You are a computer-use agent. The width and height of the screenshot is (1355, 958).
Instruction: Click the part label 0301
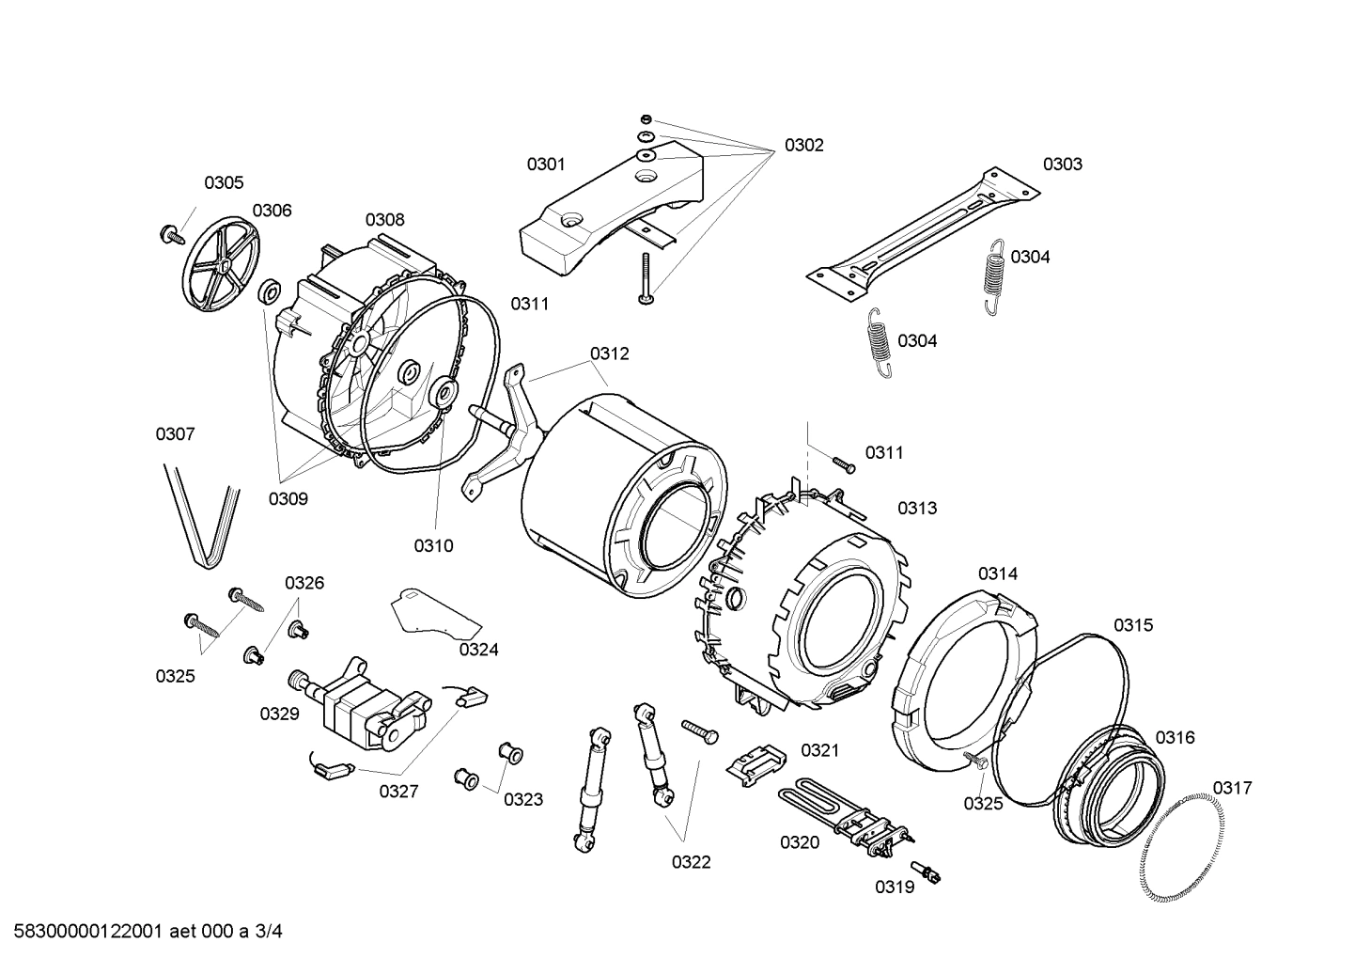click(x=545, y=165)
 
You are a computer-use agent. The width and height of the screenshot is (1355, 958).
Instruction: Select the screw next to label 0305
click(x=171, y=234)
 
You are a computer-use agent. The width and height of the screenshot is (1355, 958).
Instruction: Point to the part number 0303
click(x=1062, y=165)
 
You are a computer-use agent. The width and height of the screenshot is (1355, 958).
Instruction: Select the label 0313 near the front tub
click(x=916, y=509)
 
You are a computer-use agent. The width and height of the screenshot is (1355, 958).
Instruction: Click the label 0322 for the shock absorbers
click(x=691, y=861)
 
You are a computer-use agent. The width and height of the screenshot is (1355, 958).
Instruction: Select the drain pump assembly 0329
click(x=362, y=705)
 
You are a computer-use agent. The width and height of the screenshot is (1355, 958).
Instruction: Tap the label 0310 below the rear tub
click(x=433, y=545)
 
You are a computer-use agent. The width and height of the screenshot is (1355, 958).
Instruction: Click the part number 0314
click(x=997, y=573)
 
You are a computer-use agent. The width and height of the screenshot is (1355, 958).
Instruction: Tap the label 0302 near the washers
click(x=803, y=146)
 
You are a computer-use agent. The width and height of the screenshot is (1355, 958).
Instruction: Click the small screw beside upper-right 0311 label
click(x=843, y=462)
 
